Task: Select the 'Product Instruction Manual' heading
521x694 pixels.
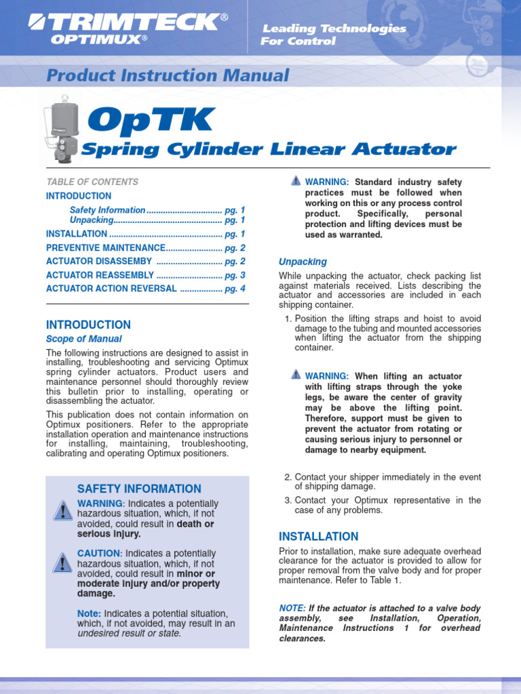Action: (x=168, y=76)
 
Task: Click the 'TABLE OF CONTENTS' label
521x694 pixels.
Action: (x=92, y=182)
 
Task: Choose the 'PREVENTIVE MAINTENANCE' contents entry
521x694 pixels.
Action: (x=106, y=248)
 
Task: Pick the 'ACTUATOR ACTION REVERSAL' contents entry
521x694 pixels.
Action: (x=111, y=289)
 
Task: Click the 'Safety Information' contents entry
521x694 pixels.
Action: (x=107, y=210)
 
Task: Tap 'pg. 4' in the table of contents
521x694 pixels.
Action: (x=235, y=289)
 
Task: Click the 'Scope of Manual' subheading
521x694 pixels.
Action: (x=84, y=339)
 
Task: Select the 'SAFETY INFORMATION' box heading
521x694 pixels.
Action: (x=139, y=489)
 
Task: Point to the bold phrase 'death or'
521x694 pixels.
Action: (x=195, y=524)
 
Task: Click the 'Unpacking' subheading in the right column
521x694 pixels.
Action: (x=303, y=262)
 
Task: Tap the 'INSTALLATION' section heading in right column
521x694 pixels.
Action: (x=319, y=536)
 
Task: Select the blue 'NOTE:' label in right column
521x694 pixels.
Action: (x=292, y=608)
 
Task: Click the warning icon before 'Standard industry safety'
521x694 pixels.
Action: (x=295, y=181)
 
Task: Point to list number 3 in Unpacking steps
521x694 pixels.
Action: (x=288, y=501)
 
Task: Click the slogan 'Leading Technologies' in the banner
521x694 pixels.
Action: (x=334, y=28)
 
